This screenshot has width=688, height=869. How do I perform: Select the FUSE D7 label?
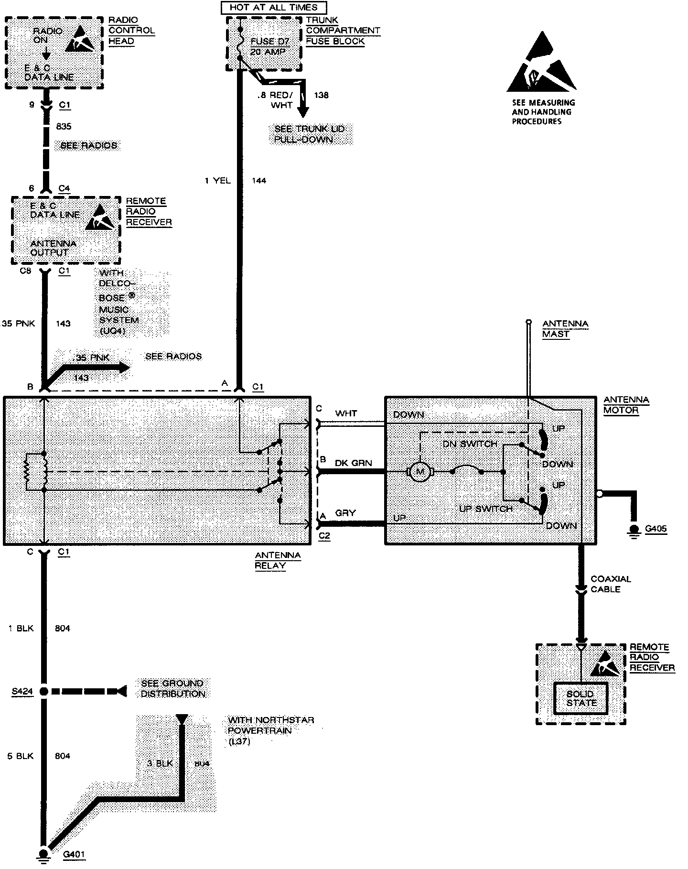(270, 42)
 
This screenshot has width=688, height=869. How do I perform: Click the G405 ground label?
(656, 529)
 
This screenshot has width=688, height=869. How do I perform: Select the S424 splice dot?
(43, 691)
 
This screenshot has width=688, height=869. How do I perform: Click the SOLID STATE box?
(581, 698)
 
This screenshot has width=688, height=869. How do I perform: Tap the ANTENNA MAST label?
(565, 329)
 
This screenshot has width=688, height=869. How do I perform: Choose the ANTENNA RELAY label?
(278, 560)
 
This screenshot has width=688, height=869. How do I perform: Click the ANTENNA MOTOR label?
(626, 405)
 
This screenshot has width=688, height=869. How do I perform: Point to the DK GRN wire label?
(353, 463)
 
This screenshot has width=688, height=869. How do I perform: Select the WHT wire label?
(346, 413)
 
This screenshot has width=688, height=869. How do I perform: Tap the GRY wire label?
(345, 513)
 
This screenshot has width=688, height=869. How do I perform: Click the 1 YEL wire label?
(217, 181)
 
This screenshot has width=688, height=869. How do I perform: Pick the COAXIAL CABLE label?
(611, 584)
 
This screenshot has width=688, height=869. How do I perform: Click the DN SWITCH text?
(470, 444)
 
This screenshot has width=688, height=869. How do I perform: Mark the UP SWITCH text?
(485, 509)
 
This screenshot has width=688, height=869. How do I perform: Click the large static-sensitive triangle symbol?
(542, 63)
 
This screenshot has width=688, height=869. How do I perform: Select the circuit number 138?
(321, 95)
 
